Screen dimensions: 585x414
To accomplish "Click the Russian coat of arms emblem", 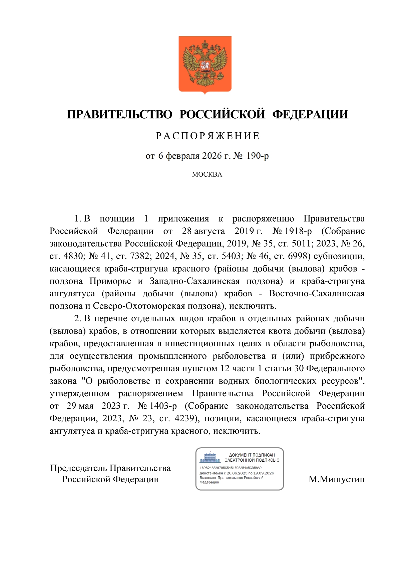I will [205, 64].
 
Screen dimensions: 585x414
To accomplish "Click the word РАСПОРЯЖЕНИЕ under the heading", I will [208, 136].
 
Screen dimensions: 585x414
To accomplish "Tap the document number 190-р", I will [257, 156].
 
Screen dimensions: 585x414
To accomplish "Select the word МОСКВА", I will [207, 174].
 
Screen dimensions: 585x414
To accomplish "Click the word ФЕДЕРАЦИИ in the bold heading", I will [310, 114].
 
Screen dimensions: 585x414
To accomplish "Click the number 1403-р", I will [163, 406].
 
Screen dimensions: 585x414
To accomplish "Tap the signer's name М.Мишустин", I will [337, 479].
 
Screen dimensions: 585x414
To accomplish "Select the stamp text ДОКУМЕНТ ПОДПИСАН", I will [252, 455].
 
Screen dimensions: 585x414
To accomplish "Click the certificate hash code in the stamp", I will [231, 468].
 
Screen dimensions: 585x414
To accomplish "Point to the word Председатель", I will [79, 468].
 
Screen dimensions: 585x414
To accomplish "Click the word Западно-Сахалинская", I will [194, 281].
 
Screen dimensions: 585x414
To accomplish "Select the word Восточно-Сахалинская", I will [317, 294].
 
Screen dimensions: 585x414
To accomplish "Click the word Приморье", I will [110, 281].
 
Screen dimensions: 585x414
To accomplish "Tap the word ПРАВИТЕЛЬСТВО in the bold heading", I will [119, 114].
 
